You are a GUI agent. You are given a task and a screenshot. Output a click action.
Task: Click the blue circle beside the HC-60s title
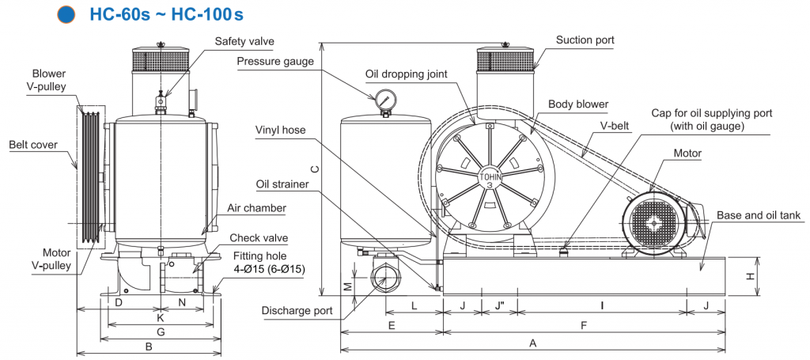point(67,14)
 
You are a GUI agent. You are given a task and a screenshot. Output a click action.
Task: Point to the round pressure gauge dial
point(387,100)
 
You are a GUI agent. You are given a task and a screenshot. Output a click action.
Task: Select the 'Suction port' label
point(585,40)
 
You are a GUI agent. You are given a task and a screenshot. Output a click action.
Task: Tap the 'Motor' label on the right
point(687,152)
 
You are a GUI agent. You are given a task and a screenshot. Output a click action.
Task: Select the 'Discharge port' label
point(297,310)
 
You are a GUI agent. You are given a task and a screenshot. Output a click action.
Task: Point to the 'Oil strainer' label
point(283,185)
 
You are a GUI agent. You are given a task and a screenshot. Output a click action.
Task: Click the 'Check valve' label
point(259,238)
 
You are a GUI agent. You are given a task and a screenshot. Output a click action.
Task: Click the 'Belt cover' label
point(33,145)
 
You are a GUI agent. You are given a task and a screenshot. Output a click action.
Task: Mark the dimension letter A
point(533,343)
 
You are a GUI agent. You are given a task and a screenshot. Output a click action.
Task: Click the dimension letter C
point(314,169)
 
